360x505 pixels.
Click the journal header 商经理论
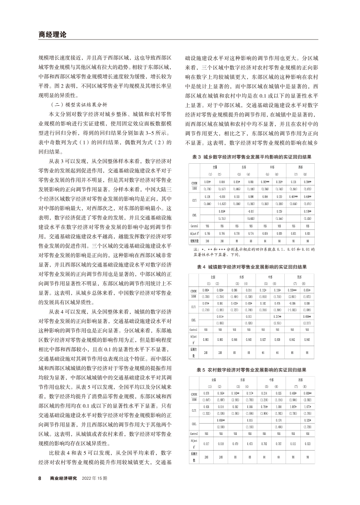click(x=50, y=34)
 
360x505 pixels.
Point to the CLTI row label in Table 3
click(x=195, y=200)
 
